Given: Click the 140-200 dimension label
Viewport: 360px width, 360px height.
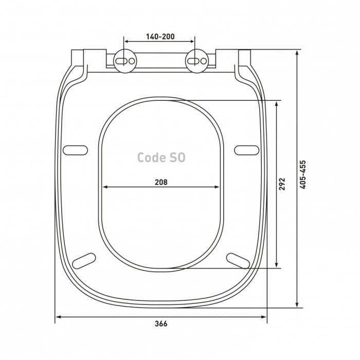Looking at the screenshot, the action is [160, 37].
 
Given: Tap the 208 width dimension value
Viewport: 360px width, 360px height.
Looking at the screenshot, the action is [161, 182].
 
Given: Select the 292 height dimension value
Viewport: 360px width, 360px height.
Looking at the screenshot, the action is [282, 184].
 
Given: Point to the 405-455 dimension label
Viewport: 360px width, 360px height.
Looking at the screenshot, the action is [303, 175].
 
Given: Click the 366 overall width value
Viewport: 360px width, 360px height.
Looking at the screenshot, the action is [161, 323].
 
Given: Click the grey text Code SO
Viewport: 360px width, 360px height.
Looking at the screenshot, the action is [161, 157].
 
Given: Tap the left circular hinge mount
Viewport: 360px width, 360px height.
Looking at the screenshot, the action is [125, 61].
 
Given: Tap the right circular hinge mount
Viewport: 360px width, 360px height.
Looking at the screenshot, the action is [197, 61].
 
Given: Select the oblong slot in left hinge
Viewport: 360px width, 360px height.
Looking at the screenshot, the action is [121, 61].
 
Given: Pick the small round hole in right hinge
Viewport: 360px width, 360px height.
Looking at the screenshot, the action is [204, 61].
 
